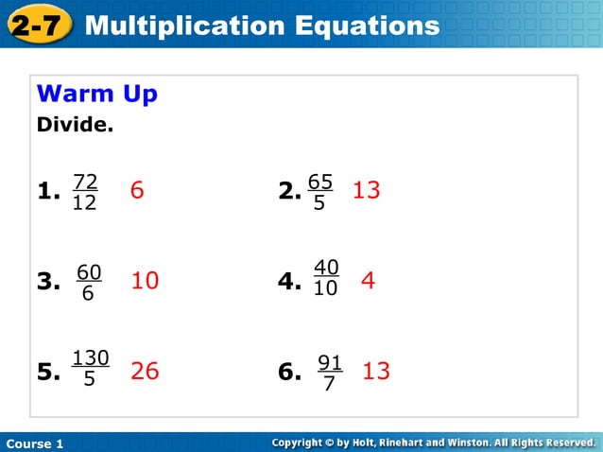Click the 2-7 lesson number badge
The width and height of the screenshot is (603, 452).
pyautogui.click(x=39, y=26)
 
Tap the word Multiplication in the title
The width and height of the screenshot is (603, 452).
pyautogui.click(x=178, y=26)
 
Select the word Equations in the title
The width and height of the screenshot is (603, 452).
pyautogui.click(x=362, y=26)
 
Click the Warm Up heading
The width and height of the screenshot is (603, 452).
pyautogui.click(x=96, y=95)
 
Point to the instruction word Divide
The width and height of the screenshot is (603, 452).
pyautogui.click(x=75, y=124)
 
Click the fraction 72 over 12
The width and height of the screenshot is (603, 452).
pyautogui.click(x=85, y=192)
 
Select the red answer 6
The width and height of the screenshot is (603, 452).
pyautogui.click(x=137, y=191)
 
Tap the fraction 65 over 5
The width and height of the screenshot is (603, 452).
pyautogui.click(x=320, y=192)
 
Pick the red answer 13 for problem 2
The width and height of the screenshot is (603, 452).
pyautogui.click(x=366, y=191)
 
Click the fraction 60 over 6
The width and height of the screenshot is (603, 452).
pyautogui.click(x=88, y=283)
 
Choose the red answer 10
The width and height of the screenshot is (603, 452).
pyautogui.click(x=145, y=281)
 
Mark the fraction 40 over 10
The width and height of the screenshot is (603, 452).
pyautogui.click(x=325, y=278)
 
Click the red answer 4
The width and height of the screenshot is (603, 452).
pyautogui.click(x=369, y=281)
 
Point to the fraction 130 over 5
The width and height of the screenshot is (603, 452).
pyautogui.click(x=90, y=368)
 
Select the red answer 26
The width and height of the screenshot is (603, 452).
pyautogui.click(x=145, y=372)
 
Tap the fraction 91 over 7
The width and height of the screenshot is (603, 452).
pyautogui.click(x=329, y=374)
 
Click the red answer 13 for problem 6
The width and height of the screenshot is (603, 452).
pyautogui.click(x=376, y=372)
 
